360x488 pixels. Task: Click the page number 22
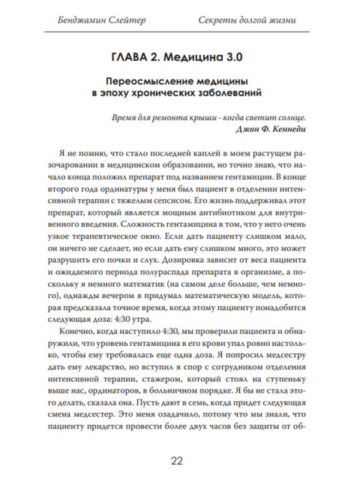[x=180, y=460]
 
